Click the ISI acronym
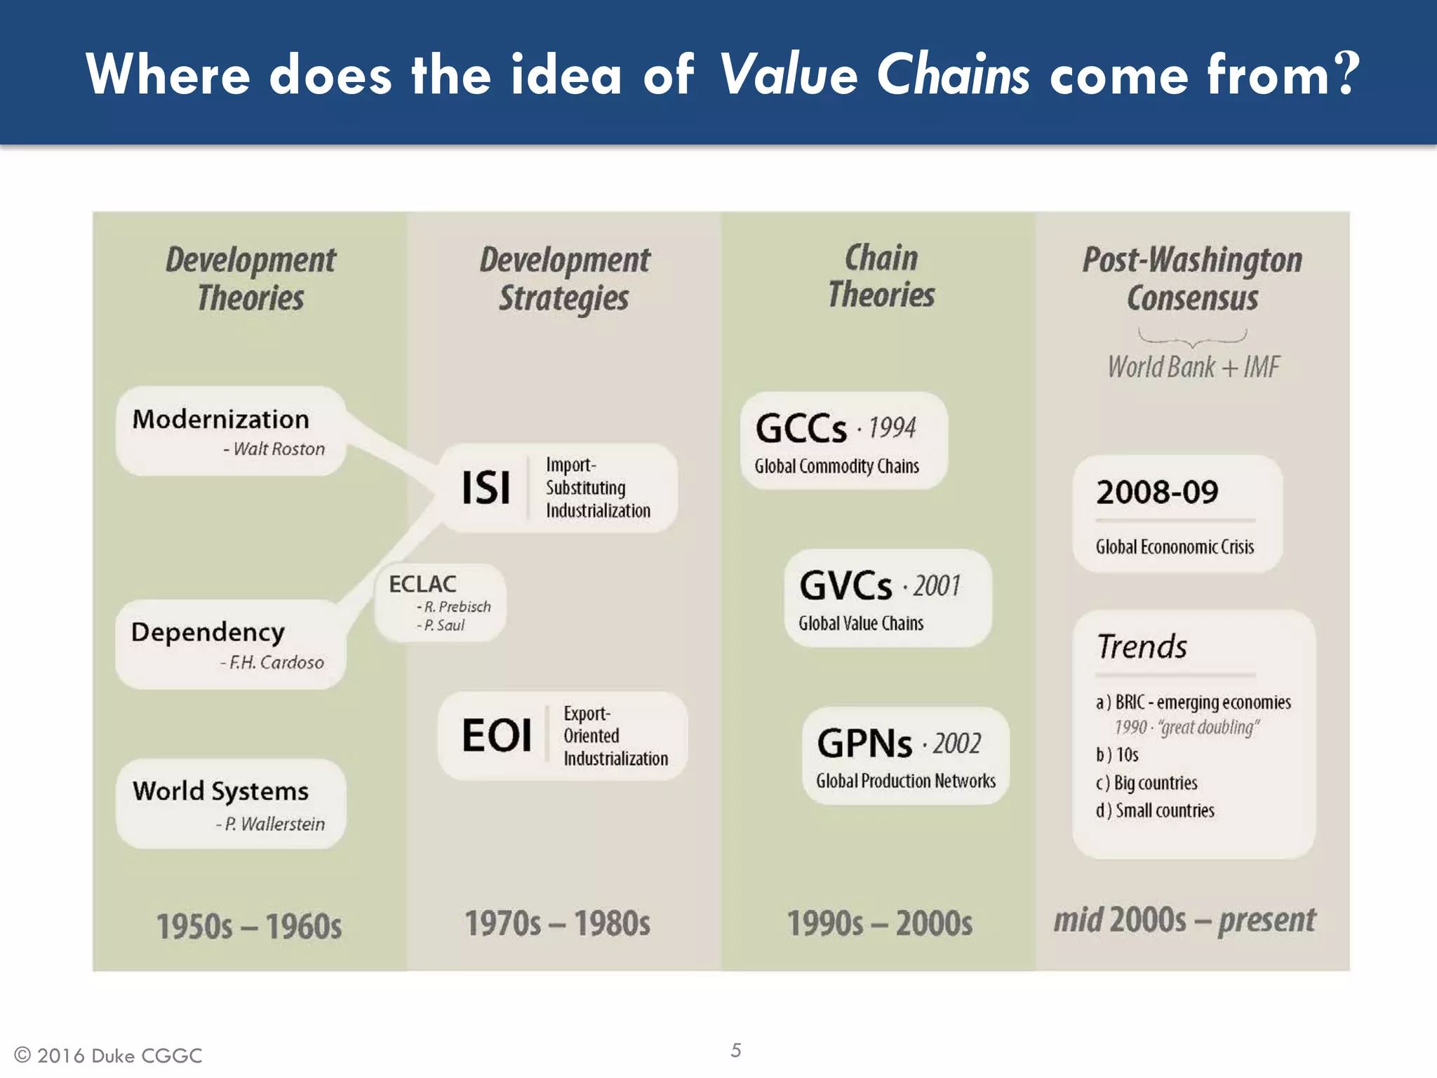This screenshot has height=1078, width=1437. tap(486, 488)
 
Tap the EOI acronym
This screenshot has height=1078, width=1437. tap(496, 736)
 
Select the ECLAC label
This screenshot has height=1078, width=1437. tap(422, 584)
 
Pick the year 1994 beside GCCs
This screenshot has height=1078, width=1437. tap(892, 427)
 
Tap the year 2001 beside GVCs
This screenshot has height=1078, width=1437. tap(936, 585)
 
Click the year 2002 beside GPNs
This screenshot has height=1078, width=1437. tap(956, 743)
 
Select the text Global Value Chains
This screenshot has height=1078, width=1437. tap(861, 623)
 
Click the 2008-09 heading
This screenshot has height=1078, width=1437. tap(1157, 492)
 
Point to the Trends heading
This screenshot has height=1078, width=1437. tap(1142, 646)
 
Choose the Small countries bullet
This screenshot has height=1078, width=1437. tap(1156, 811)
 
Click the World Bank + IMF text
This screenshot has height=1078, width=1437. tap(1194, 367)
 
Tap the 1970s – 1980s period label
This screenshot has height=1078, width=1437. tap(558, 924)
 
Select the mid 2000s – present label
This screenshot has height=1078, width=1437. tap(1184, 920)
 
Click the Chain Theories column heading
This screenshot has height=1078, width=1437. tap(881, 277)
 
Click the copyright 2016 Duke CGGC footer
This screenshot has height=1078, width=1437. tap(109, 1056)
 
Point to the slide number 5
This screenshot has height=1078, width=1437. tap(735, 1050)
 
